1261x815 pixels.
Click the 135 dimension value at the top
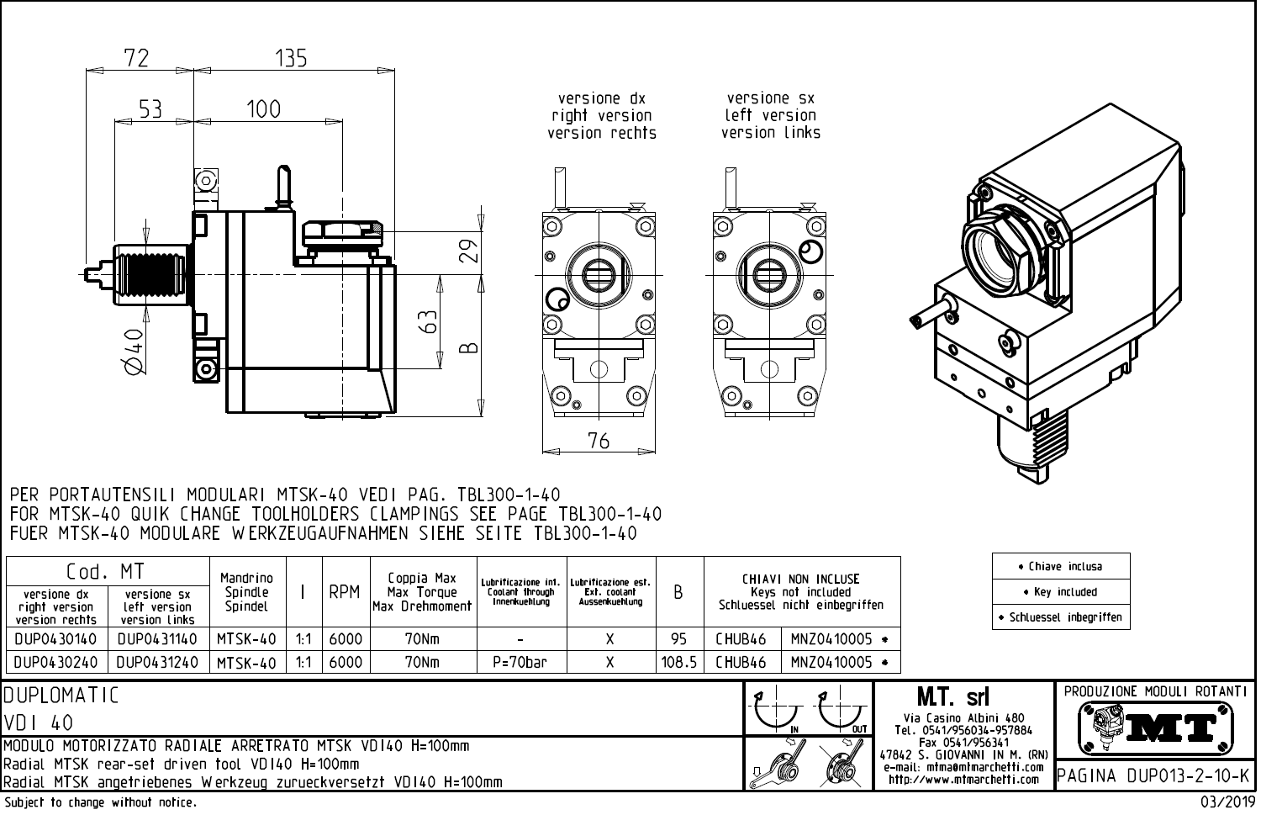291,58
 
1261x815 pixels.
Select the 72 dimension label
136,58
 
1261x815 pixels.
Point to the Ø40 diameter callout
133,348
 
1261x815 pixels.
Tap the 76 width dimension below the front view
599,440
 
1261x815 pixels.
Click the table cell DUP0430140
56,639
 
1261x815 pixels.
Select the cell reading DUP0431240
157,662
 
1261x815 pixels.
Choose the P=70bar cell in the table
521,662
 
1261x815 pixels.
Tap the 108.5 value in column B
679,662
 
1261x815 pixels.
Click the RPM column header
345,592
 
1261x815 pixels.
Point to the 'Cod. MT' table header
106,572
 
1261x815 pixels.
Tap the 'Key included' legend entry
1061,591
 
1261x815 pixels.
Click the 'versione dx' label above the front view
601,98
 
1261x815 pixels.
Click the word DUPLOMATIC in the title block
61,696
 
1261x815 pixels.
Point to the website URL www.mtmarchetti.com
964,780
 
